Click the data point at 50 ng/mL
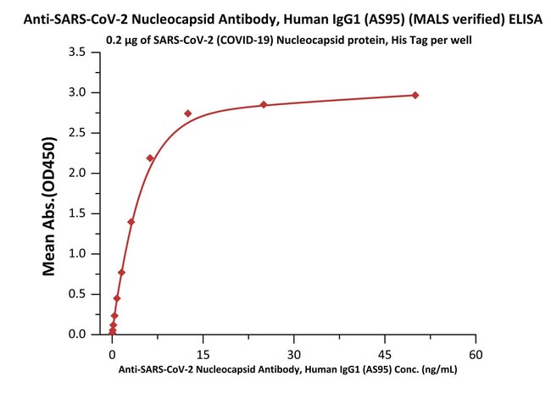coord(415,95)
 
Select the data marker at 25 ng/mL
coord(264,104)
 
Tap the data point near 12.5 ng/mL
coord(188,113)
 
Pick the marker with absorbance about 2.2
coord(150,158)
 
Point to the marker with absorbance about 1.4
coord(131,222)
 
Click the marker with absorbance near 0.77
coord(122,272)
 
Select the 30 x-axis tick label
coord(294,351)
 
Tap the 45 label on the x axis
coord(385,351)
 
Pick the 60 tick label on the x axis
coord(476,351)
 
